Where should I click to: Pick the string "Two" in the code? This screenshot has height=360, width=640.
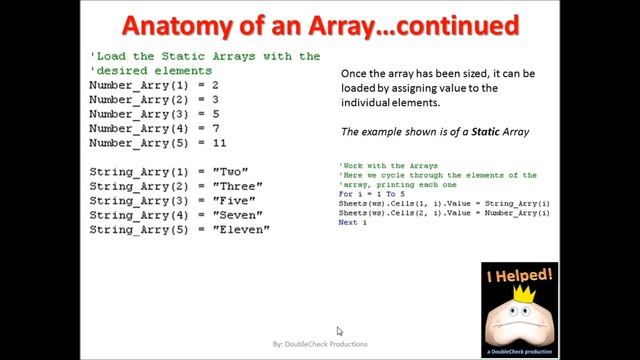tap(232, 172)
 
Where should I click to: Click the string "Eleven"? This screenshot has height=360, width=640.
tap(242, 229)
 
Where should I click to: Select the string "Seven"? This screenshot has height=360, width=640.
tap(238, 215)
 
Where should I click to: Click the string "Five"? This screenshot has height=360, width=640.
tap(235, 200)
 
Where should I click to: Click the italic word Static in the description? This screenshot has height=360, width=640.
tap(498, 132)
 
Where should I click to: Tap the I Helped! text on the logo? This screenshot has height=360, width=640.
tap(520, 275)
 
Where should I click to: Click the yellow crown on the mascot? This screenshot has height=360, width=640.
tap(522, 297)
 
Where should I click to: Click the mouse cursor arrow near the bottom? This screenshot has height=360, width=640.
tap(339, 330)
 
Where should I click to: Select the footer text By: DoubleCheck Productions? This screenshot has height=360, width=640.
tap(320, 344)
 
